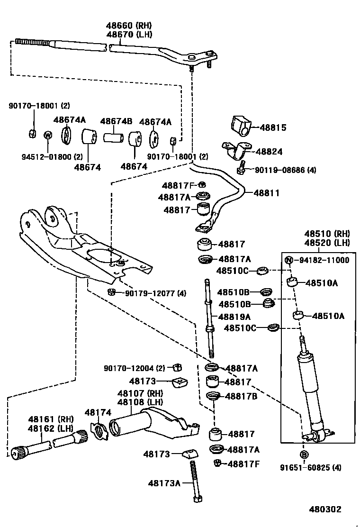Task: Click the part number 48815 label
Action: click(273, 128)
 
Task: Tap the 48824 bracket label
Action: click(269, 152)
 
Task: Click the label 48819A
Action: click(234, 317)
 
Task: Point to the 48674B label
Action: click(116, 121)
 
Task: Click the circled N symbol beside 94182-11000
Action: click(289, 260)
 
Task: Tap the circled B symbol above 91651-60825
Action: click(304, 454)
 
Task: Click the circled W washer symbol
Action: click(48, 135)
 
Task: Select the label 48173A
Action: click(164, 483)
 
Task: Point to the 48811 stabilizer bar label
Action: click(266, 193)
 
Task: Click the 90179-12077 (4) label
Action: click(156, 294)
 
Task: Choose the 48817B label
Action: click(241, 396)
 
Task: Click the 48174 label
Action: click(98, 413)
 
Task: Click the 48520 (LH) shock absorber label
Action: click(327, 243)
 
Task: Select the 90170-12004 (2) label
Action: click(135, 368)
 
